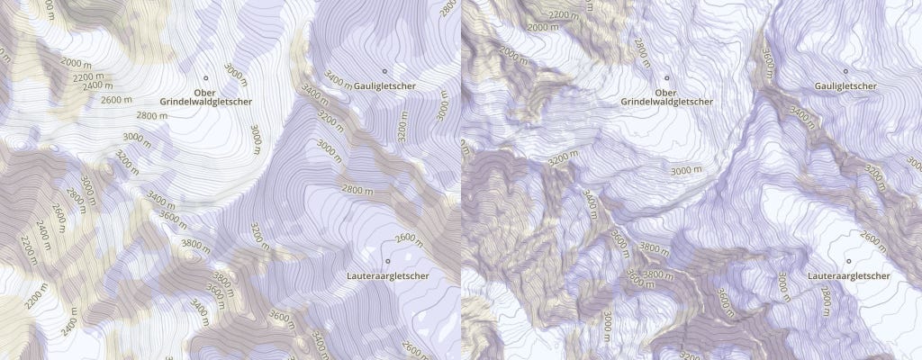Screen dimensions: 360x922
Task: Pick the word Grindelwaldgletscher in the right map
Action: (x=666, y=103)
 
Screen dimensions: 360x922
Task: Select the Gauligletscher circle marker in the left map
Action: (x=384, y=70)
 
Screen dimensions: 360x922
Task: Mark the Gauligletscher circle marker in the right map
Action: (x=845, y=70)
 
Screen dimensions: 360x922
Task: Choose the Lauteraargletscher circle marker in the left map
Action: (x=387, y=261)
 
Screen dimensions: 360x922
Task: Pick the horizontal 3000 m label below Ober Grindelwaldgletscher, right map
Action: (x=687, y=169)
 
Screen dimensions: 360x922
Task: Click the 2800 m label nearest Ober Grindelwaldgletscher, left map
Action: (x=154, y=115)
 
